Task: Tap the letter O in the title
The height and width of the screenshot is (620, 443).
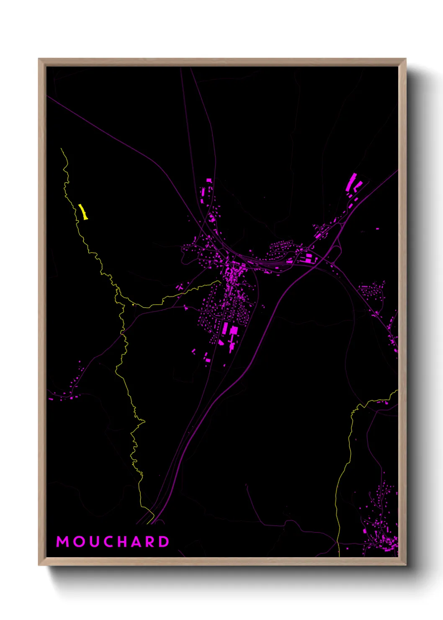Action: (79, 542)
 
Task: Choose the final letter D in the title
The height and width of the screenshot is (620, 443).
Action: (164, 542)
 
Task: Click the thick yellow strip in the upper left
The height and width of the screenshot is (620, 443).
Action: (83, 212)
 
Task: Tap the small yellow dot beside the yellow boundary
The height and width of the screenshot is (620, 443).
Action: (134, 305)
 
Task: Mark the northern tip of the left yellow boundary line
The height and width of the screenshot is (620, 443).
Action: (61, 148)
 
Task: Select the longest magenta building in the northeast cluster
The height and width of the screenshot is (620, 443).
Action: (351, 181)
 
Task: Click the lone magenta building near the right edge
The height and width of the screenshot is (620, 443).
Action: (377, 229)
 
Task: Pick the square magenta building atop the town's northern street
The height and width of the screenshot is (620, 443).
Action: (209, 181)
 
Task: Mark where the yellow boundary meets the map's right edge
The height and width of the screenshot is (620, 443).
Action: (397, 391)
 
